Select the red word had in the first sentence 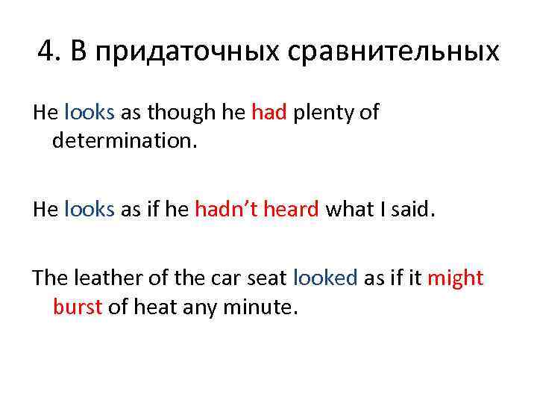tap(269, 113)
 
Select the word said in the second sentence tap(415, 210)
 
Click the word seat tap(266, 278)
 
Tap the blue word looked tap(326, 278)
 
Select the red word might tap(455, 278)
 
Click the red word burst tap(78, 307)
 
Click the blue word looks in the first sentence tap(89, 113)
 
